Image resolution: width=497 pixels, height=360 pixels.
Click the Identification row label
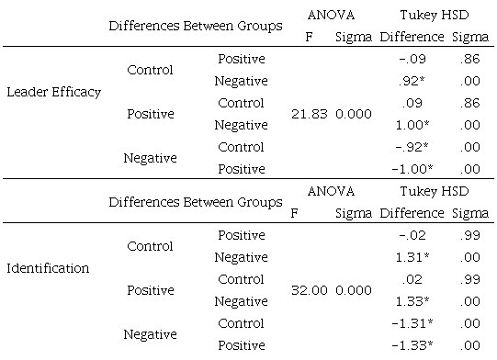48,268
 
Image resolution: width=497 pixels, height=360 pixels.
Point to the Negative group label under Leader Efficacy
150,158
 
